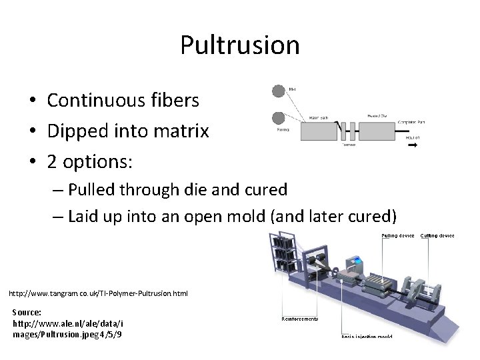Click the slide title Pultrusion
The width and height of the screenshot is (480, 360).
pos(239,45)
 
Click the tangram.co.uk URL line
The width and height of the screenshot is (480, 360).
pos(98,293)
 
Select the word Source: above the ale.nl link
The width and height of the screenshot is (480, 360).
pos(27,312)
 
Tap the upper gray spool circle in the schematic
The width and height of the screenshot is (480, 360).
pos(278,91)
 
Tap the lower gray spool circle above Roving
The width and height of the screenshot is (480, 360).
pos(278,118)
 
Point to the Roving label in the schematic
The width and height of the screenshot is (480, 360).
pos(284,131)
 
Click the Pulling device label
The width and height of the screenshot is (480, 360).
pos(398,235)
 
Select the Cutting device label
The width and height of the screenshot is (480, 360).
pos(437,235)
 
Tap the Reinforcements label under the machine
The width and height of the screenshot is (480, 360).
pos(300,319)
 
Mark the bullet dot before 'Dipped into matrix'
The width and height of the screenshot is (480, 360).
pos(32,132)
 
